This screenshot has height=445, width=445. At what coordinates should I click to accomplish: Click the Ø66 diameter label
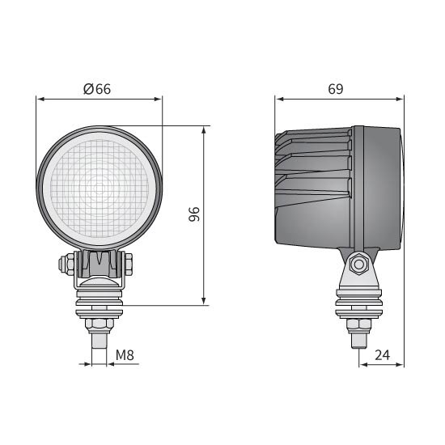pyautogui.click(x=97, y=89)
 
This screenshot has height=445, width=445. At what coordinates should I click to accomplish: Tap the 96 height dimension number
pyautogui.click(x=193, y=214)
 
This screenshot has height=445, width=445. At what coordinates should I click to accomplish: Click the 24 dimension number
pyautogui.click(x=383, y=354)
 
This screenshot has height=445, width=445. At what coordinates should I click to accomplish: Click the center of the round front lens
pyautogui.click(x=100, y=189)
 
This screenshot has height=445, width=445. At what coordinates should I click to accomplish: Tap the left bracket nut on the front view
pyautogui.click(x=62, y=264)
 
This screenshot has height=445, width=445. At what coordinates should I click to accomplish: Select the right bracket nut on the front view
pyautogui.click(x=128, y=264)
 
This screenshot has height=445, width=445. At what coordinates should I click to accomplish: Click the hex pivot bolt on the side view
pyautogui.click(x=358, y=263)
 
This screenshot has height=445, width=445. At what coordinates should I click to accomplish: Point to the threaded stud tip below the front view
pyautogui.click(x=99, y=341)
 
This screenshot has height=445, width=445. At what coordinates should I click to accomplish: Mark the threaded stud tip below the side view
pyautogui.click(x=357, y=341)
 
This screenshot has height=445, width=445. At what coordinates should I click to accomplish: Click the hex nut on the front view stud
pyautogui.click(x=99, y=324)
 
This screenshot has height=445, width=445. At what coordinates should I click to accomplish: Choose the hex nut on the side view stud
pyautogui.click(x=357, y=324)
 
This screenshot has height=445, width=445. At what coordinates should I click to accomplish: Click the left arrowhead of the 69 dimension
pyautogui.click(x=279, y=100)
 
